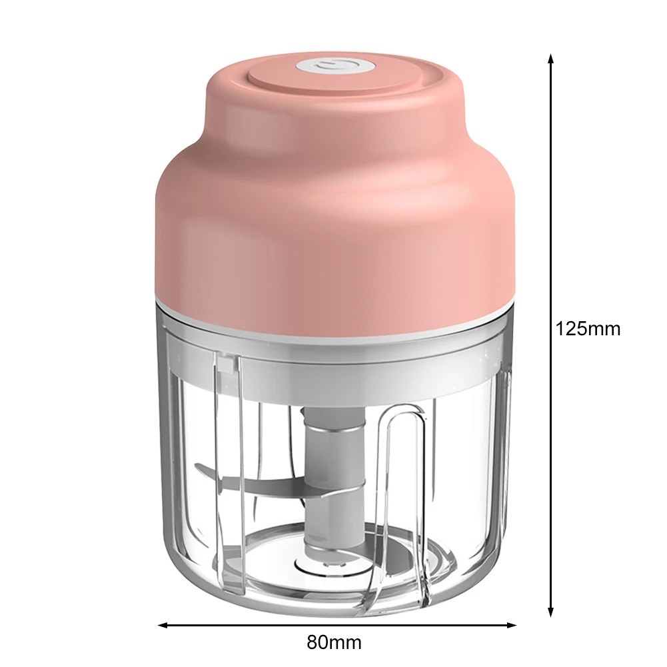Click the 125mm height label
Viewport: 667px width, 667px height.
click(x=588, y=329)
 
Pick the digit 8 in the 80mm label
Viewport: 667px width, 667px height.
click(x=313, y=643)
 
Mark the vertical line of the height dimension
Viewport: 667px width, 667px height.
click(x=550, y=200)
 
